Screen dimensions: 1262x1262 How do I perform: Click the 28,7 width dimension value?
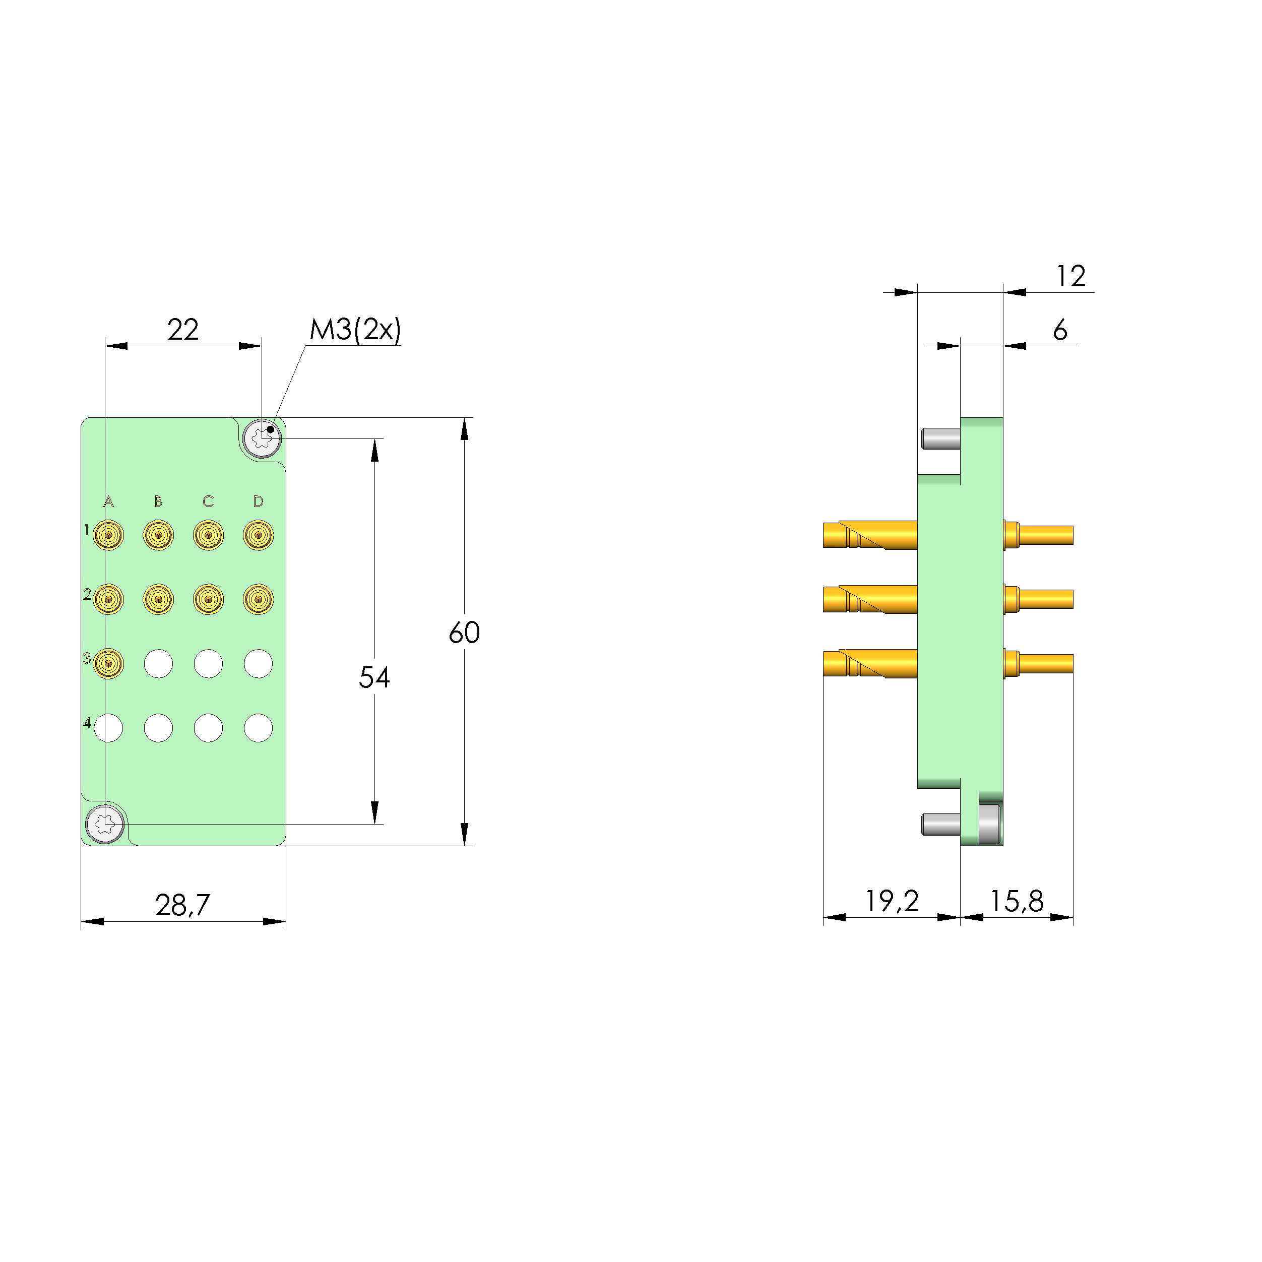(x=182, y=905)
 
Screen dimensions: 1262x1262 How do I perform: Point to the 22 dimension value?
(x=182, y=329)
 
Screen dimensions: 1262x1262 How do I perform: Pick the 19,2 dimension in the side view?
(x=892, y=902)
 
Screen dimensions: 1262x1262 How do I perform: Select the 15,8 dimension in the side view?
(x=1017, y=902)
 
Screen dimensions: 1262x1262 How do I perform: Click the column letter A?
(x=108, y=501)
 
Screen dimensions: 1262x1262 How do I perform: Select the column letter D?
(x=258, y=501)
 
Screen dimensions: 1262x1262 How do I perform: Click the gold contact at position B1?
(x=158, y=535)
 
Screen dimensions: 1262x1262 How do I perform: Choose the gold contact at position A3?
(x=108, y=664)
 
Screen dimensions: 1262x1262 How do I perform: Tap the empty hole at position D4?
(x=258, y=728)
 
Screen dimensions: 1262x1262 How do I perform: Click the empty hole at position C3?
(x=208, y=664)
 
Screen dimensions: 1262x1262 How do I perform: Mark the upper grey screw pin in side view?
(x=940, y=438)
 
